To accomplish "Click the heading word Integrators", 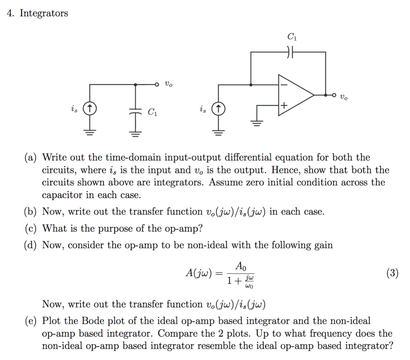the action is [x=44, y=14].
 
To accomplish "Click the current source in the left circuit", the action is [x=90, y=108].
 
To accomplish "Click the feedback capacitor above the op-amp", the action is [x=291, y=52].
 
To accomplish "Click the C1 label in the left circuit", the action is [x=153, y=112].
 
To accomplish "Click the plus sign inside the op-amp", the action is [x=283, y=106].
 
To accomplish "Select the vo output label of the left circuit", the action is [x=169, y=84].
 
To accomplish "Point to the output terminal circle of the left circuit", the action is [x=158, y=84].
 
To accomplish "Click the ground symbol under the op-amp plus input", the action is [x=257, y=122].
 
